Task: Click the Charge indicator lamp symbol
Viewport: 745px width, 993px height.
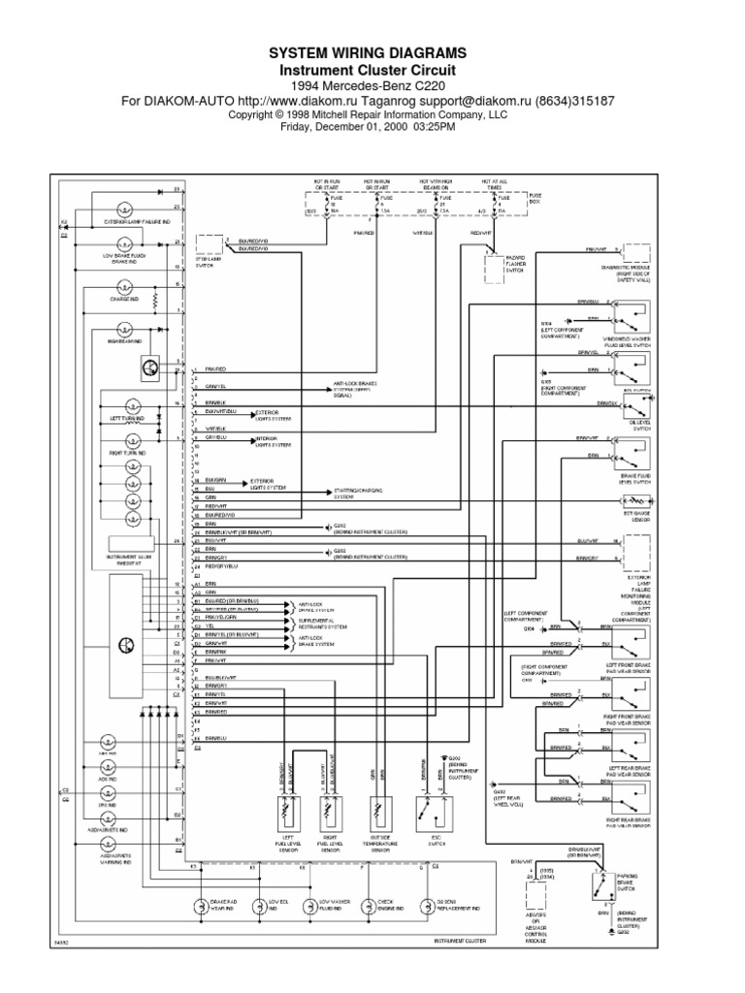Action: click(x=124, y=288)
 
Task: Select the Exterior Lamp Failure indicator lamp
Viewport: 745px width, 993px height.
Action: click(x=124, y=209)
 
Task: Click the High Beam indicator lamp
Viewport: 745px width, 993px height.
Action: click(x=124, y=330)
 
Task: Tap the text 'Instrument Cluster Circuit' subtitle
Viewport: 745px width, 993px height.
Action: click(x=372, y=71)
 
